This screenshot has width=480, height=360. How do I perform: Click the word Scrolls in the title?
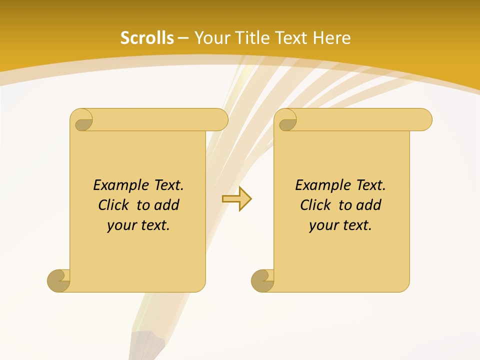(x=147, y=38)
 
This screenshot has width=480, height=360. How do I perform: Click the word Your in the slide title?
(x=210, y=38)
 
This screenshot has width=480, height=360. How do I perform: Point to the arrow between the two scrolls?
(x=236, y=198)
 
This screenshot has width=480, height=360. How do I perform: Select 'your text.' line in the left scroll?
(x=138, y=225)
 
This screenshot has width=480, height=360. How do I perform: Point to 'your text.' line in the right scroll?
(x=340, y=225)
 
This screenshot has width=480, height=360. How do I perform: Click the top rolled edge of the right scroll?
(x=360, y=119)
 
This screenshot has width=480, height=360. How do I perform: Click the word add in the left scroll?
(x=166, y=205)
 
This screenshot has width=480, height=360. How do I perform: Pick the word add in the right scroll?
(x=368, y=205)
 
